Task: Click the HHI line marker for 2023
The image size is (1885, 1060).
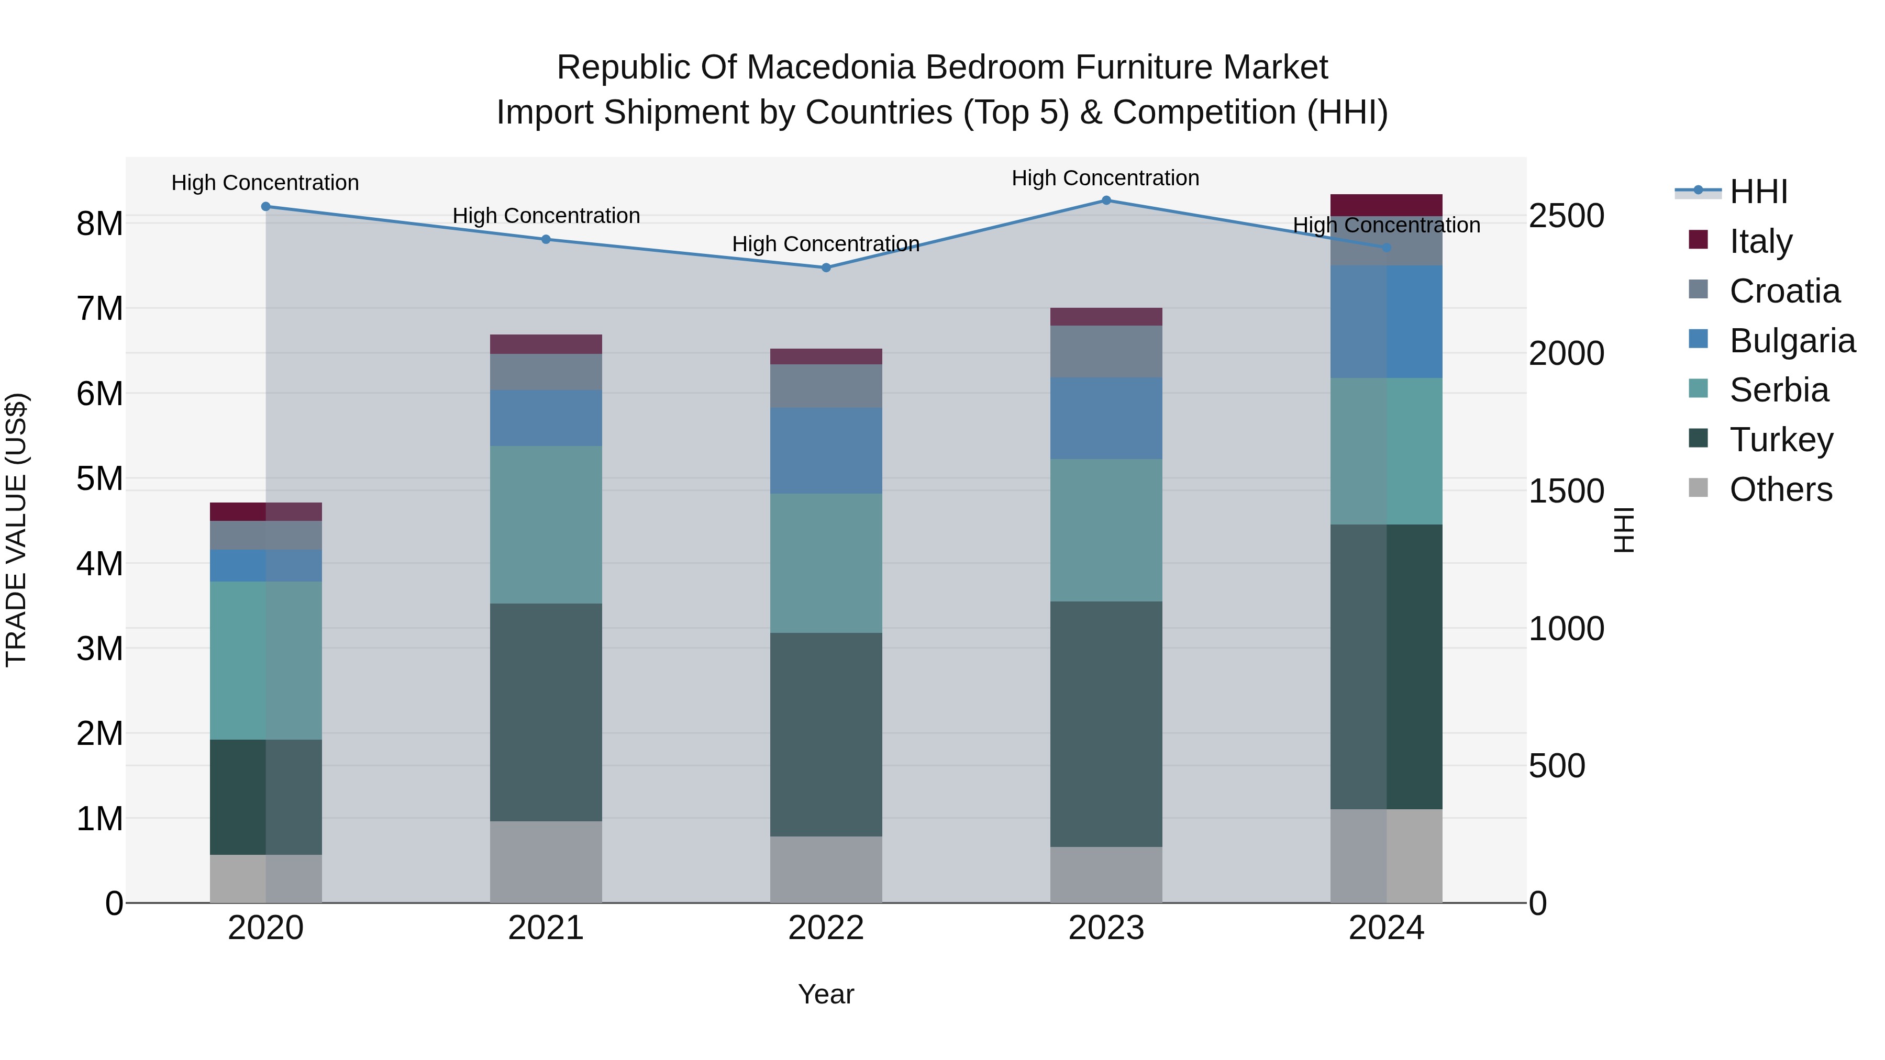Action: click(x=1106, y=200)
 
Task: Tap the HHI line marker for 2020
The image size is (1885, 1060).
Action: click(x=265, y=207)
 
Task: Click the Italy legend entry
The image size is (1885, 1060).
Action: click(x=1760, y=241)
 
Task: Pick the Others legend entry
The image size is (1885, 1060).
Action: click(x=1780, y=489)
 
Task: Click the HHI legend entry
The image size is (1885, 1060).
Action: click(x=1758, y=192)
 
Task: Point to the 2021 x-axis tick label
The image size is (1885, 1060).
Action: click(x=546, y=928)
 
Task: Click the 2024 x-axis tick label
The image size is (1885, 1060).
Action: click(x=1386, y=928)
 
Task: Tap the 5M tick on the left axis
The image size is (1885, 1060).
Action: click(x=99, y=479)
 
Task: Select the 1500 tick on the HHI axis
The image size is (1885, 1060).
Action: click(x=1566, y=491)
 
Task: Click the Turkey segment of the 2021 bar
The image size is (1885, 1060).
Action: click(x=546, y=712)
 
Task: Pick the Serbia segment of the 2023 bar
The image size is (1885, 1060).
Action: click(x=1106, y=530)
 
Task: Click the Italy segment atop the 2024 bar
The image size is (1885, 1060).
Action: click(x=1386, y=205)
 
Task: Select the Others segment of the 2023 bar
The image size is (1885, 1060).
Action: click(x=1106, y=874)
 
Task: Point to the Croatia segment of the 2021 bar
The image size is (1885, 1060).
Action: click(x=546, y=372)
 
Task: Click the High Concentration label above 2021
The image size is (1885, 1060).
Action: click(x=546, y=216)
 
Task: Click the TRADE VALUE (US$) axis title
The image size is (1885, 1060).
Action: click(x=16, y=530)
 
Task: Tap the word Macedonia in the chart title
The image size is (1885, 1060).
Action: click(x=829, y=68)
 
